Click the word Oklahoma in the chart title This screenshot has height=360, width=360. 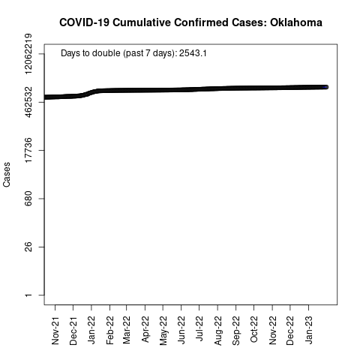coord(296,22)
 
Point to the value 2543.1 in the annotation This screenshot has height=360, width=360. coord(193,53)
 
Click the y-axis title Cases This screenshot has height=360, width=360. coord(7,175)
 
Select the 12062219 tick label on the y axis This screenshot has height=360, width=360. coord(28,54)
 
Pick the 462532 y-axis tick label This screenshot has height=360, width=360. coord(28,102)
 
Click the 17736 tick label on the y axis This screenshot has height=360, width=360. coord(28,150)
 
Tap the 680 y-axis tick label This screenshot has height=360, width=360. coord(28,199)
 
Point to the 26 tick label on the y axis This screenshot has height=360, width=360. coord(28,247)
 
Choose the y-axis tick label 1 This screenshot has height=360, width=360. coord(28,295)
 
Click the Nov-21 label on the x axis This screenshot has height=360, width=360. coord(55,331)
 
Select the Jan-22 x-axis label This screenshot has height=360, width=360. coord(91,330)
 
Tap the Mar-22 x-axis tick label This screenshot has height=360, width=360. coord(127,330)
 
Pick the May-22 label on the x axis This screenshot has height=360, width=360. coord(163,331)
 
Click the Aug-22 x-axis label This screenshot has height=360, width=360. coord(217,331)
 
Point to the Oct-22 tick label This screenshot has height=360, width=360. coord(253,329)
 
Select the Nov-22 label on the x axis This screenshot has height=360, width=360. coord(272,331)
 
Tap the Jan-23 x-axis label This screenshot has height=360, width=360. coord(309,330)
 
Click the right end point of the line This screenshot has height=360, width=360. coord(325,87)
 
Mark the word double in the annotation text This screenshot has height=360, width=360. coord(106,53)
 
